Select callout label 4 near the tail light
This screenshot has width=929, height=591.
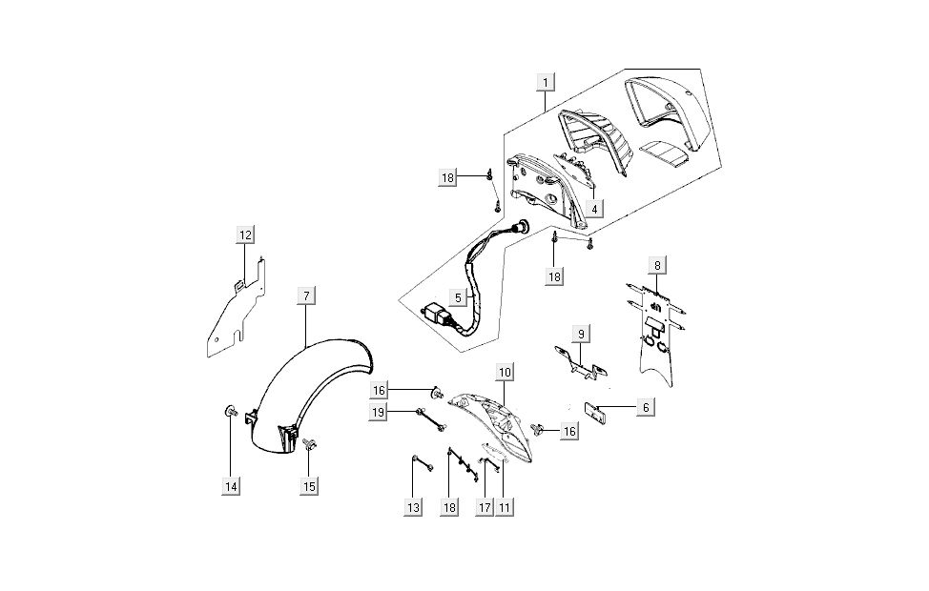click(594, 207)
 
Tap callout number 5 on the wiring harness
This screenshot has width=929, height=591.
click(458, 297)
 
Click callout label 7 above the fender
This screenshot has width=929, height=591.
click(305, 296)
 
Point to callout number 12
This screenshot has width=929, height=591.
click(245, 234)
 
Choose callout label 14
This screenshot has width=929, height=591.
click(230, 486)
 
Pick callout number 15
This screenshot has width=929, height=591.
click(309, 486)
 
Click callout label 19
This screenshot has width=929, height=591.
click(379, 412)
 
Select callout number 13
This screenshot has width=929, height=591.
click(413, 508)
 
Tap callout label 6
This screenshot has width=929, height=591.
click(646, 407)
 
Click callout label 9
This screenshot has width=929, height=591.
click(580, 333)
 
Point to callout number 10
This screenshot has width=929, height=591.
click(505, 370)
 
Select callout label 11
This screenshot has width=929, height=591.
click(504, 508)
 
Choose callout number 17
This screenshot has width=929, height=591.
click(485, 508)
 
